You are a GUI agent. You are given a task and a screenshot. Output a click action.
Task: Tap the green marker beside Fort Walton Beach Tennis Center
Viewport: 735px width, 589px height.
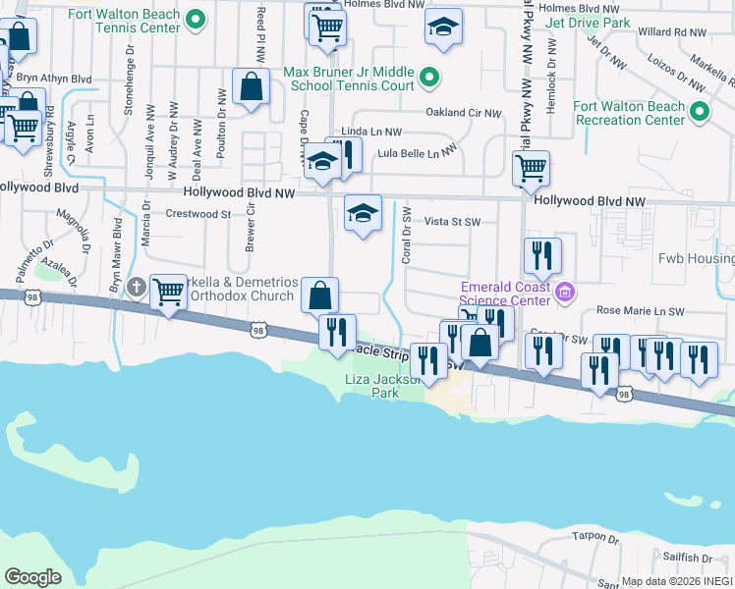196,19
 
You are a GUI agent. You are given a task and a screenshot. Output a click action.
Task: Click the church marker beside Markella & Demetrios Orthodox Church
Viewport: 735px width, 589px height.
136,288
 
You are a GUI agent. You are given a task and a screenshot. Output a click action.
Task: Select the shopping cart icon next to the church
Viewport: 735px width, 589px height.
169,292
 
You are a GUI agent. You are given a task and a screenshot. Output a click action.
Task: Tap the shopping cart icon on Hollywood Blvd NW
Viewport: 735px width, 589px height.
531,168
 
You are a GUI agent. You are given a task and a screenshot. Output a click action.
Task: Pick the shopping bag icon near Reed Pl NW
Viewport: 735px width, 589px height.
252,85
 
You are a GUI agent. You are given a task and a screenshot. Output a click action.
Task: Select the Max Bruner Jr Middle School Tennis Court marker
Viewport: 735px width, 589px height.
428,76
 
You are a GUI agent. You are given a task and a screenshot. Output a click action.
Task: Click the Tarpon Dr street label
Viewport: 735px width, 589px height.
594,538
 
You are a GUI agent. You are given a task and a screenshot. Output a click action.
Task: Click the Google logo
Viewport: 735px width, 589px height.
32,577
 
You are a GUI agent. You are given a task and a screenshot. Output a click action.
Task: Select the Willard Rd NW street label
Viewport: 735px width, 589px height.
672,32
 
